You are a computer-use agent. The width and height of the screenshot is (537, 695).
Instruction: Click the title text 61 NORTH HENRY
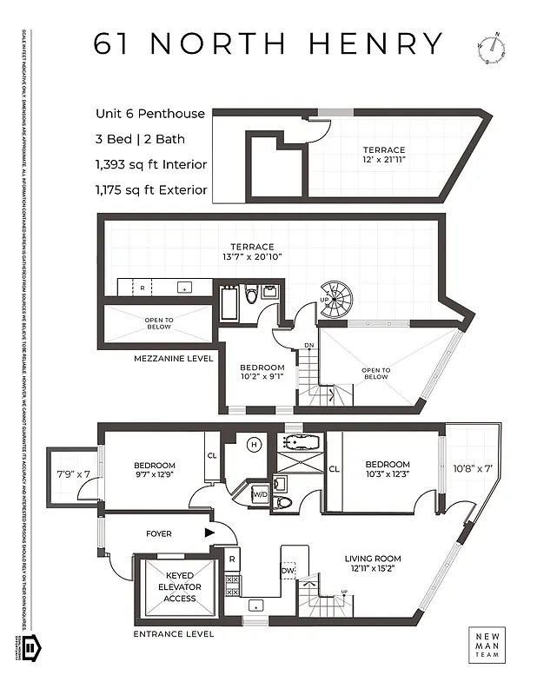tap(268, 43)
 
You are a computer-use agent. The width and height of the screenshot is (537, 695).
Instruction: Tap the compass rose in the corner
tap(491, 49)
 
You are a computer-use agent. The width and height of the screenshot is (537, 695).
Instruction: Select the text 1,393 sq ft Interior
tap(151, 164)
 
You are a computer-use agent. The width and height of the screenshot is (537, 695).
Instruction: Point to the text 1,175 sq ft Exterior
tap(151, 189)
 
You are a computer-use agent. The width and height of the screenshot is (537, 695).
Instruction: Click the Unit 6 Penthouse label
tap(150, 114)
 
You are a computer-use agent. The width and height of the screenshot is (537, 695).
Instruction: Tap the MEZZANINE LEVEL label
tap(173, 358)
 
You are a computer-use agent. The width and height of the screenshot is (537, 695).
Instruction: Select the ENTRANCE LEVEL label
tap(174, 634)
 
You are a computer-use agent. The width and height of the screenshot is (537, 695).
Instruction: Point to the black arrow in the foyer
tap(209, 533)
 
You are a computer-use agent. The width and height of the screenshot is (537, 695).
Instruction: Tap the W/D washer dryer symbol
tap(259, 494)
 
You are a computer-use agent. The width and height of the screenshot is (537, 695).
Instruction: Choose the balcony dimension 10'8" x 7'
tap(473, 468)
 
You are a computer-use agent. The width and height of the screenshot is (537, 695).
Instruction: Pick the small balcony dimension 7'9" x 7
tap(72, 473)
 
